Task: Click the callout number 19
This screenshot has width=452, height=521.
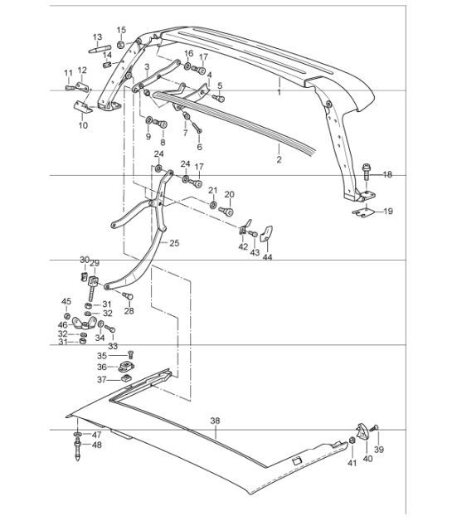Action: tap(388, 212)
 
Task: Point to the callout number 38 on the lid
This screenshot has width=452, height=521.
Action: tap(215, 421)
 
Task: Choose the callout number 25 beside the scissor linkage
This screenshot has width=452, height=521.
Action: tap(173, 243)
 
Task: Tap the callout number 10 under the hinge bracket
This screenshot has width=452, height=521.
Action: tap(82, 125)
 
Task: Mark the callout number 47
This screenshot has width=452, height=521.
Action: tap(96, 435)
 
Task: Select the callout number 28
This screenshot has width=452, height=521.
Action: tap(129, 310)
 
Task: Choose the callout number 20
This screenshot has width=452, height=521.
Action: tap(230, 194)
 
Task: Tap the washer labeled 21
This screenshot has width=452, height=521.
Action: tap(213, 204)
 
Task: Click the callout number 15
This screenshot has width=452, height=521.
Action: tap(121, 30)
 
